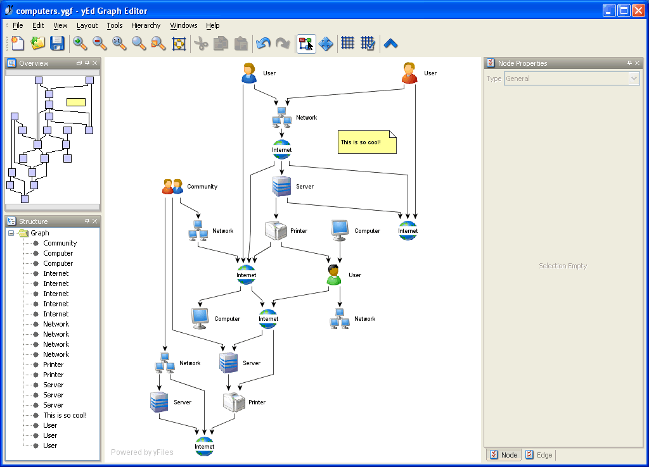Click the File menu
pyautogui.click(x=18, y=25)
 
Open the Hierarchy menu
pyautogui.click(x=146, y=25)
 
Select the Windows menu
pyautogui.click(x=184, y=25)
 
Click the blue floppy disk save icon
pyautogui.click(x=58, y=43)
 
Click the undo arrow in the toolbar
pyautogui.click(x=263, y=43)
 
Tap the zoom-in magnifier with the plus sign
pyautogui.click(x=80, y=43)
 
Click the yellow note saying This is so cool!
pyautogui.click(x=367, y=142)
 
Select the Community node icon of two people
pyautogui.click(x=172, y=187)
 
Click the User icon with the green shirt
pyautogui.click(x=334, y=275)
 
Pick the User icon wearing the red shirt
pyautogui.click(x=410, y=73)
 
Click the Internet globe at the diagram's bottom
pyautogui.click(x=205, y=446)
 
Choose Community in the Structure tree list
pyautogui.click(x=60, y=243)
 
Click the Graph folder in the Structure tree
pyautogui.click(x=39, y=233)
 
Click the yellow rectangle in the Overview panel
pyautogui.click(x=76, y=102)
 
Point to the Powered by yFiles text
pyautogui.click(x=142, y=452)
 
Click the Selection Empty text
pyautogui.click(x=563, y=266)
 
